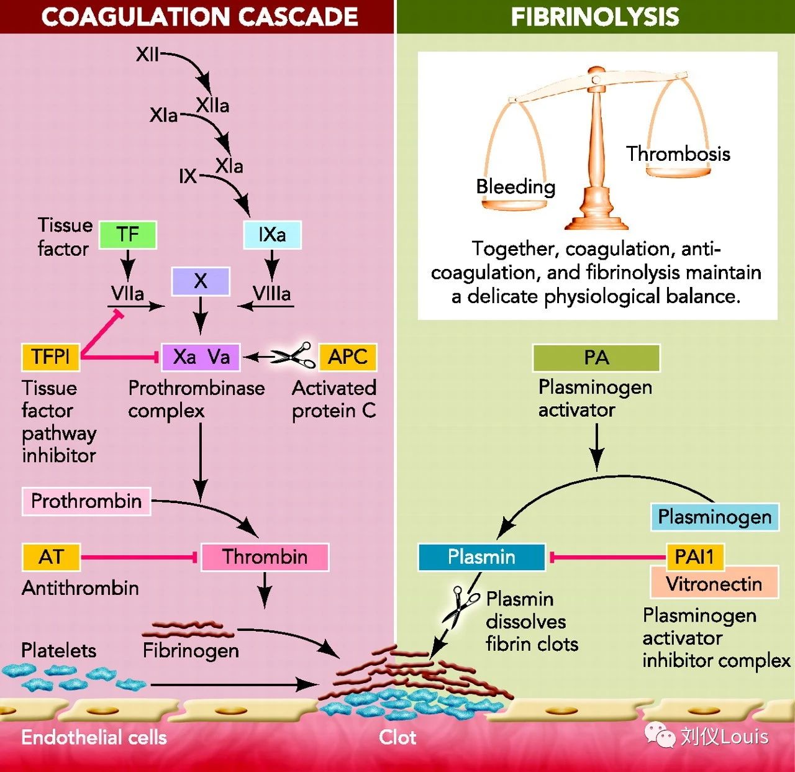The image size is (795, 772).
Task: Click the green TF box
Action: coord(127,235)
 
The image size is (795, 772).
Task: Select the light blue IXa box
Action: coord(272,235)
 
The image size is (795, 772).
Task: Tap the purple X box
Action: coord(200,281)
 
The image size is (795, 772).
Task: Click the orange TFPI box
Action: coord(50,357)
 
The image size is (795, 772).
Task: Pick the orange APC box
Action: coord(347,357)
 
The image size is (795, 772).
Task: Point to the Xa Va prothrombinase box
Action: coord(201,357)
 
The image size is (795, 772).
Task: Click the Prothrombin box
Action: coord(86,501)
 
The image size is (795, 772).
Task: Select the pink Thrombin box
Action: coord(265,556)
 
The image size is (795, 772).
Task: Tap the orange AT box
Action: coord(51,556)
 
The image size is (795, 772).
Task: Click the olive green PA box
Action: coord(596,358)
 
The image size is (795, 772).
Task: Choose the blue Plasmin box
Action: coord(481,556)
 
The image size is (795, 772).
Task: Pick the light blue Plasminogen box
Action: coord(714,517)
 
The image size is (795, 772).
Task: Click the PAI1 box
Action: coord(694,556)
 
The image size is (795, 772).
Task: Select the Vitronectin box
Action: coord(714,584)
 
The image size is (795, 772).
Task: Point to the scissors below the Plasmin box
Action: coord(459,606)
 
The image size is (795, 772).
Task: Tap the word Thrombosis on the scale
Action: coord(678,153)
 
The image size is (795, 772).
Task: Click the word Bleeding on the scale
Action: coord(516,186)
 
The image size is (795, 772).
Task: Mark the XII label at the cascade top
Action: coord(147,55)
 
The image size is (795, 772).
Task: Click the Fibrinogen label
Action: coord(191,650)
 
